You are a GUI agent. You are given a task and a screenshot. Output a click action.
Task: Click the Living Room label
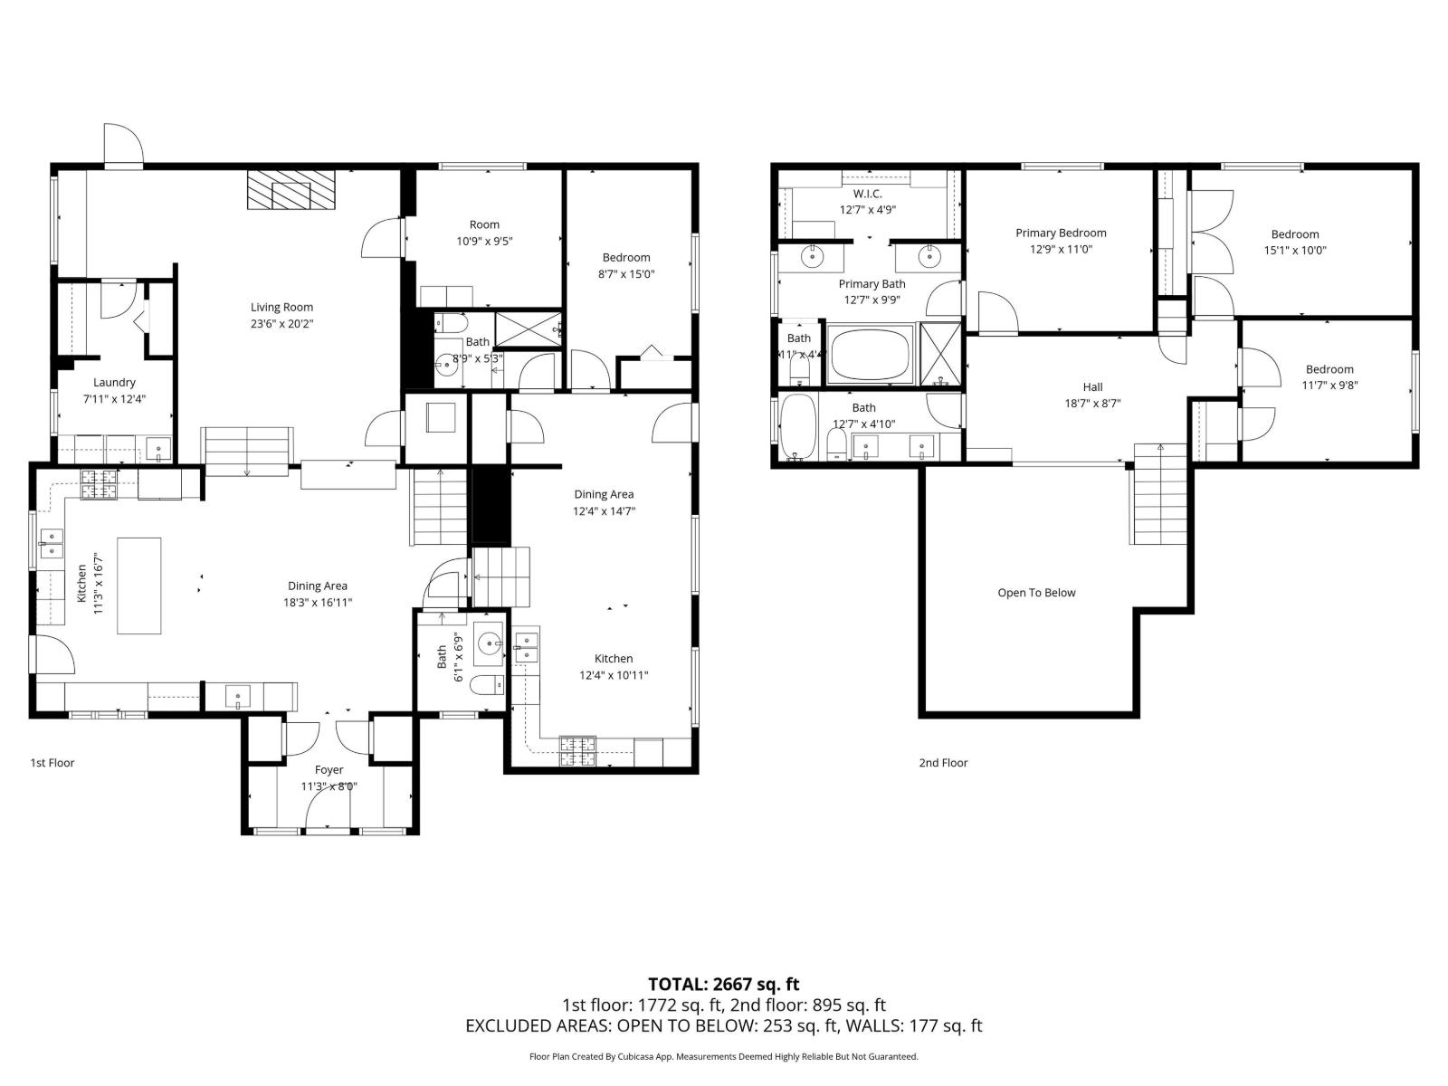(x=281, y=308)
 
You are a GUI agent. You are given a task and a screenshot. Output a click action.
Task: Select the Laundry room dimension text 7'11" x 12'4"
(x=114, y=399)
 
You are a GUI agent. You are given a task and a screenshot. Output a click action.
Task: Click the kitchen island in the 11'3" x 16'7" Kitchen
(x=138, y=586)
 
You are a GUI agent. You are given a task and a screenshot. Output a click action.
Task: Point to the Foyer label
(x=329, y=770)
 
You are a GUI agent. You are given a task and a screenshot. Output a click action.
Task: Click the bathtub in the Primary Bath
(x=871, y=357)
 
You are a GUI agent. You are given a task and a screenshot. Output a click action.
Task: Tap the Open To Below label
(x=1036, y=594)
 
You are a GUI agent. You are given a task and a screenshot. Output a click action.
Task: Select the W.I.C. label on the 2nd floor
(x=867, y=194)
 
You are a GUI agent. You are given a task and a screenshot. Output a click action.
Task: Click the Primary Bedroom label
(x=1061, y=233)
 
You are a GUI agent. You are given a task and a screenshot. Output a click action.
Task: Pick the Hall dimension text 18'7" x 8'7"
(x=1092, y=405)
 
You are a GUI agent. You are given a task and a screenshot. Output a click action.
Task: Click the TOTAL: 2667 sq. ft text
(x=723, y=984)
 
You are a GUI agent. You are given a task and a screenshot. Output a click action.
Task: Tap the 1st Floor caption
(x=52, y=763)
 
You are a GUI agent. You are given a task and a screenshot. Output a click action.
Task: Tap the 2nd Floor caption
(x=943, y=763)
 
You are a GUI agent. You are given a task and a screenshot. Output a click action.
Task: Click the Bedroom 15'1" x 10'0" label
(x=1294, y=234)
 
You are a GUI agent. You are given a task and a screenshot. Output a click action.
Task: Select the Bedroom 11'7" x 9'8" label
(x=1329, y=369)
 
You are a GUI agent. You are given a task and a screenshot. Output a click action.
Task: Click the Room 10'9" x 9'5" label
(x=484, y=224)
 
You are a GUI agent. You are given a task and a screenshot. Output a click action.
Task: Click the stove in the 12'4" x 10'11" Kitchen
(x=577, y=749)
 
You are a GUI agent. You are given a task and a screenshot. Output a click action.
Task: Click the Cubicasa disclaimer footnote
(x=723, y=1056)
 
